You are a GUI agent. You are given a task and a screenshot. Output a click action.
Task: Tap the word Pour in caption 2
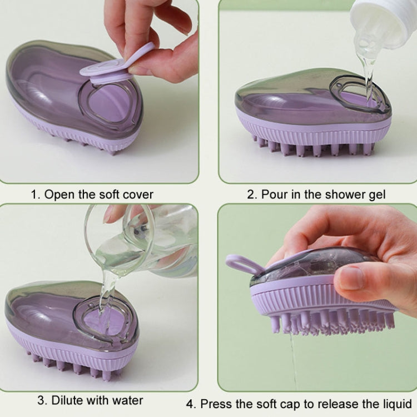(x=272, y=195)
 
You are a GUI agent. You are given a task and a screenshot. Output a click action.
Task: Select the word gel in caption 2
(x=376, y=195)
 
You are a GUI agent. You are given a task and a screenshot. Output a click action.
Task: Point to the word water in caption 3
(x=128, y=400)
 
